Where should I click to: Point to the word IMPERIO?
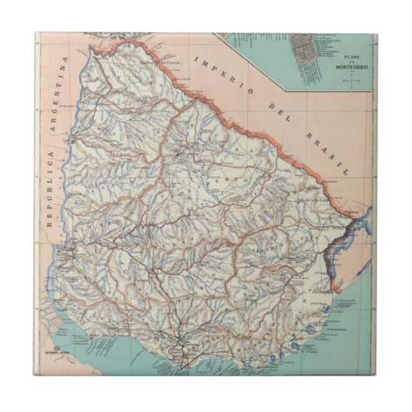click(x=218, y=72)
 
